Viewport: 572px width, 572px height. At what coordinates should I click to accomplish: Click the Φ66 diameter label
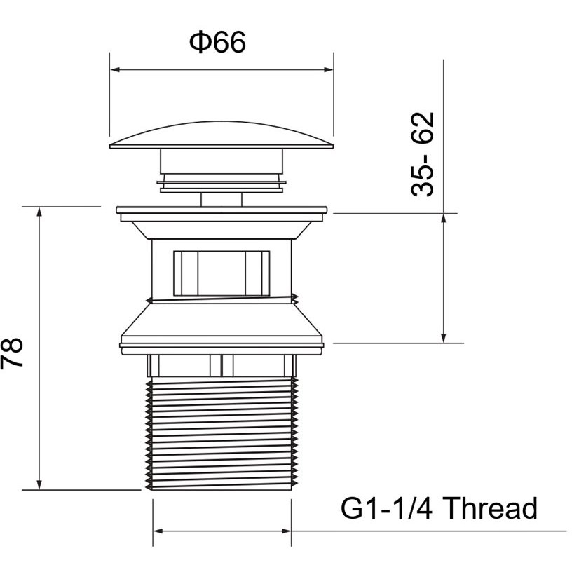coord(217,42)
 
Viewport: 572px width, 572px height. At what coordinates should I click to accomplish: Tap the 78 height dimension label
coord(12,353)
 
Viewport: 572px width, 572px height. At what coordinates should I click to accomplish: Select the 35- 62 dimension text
coord(423,154)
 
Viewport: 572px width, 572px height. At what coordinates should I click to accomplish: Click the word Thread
coord(491,508)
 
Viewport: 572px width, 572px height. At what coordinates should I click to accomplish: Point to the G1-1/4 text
coord(387,508)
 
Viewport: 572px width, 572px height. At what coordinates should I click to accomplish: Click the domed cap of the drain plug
coord(222,136)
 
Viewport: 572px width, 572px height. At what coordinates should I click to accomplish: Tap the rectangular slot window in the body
coord(222,273)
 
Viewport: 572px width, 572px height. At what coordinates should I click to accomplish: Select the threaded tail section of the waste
coord(222,433)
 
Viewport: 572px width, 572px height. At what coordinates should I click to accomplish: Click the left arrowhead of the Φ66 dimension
coord(115,69)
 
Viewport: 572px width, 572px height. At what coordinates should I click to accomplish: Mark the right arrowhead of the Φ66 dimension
coord(328,69)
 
